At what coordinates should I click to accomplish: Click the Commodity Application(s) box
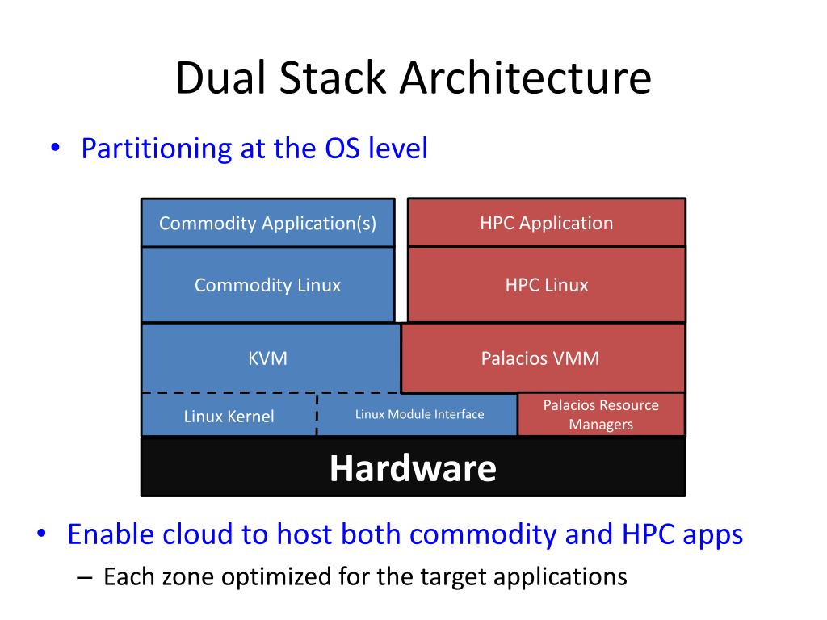[267, 223]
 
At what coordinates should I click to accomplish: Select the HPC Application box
[546, 223]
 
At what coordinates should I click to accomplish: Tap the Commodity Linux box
[267, 285]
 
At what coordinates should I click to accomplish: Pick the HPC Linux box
[546, 285]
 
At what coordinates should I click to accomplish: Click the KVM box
[267, 358]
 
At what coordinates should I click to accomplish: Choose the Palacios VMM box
[540, 358]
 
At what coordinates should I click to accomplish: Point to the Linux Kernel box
[229, 417]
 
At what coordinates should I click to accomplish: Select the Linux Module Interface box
[419, 414]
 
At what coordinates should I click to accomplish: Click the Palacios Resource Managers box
[601, 414]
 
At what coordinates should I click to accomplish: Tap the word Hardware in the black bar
[413, 468]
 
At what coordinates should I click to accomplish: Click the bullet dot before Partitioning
[55, 149]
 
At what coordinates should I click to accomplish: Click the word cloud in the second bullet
[198, 534]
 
